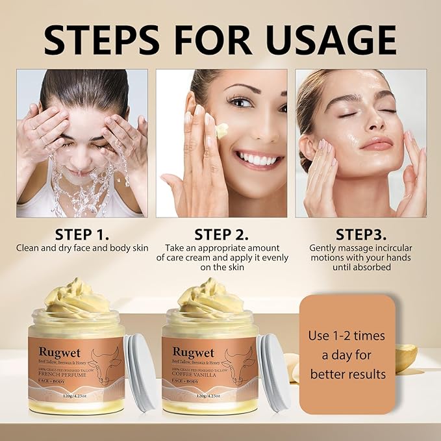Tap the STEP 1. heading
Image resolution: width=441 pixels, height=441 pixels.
pos(82,233)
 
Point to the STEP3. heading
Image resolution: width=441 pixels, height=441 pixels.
pos(360,233)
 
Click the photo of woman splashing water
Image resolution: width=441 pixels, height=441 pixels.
pos(82,143)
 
